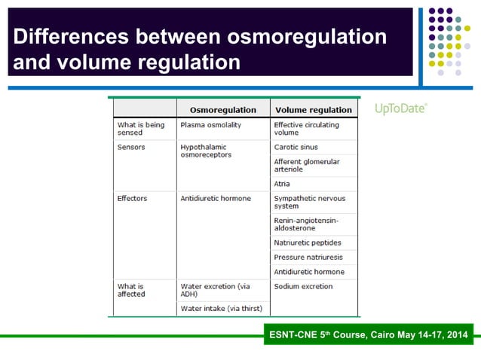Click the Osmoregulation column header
[222, 109]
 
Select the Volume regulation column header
[313, 109]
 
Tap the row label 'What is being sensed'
[140, 129]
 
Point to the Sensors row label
[131, 147]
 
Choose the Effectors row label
[133, 199]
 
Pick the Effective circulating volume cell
[306, 129]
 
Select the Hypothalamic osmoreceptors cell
[206, 151]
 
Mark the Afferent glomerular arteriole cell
[306, 166]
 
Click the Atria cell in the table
[283, 184]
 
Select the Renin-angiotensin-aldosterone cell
[306, 224]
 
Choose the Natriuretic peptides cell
[308, 243]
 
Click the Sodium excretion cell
[303, 286]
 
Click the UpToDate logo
[400, 108]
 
